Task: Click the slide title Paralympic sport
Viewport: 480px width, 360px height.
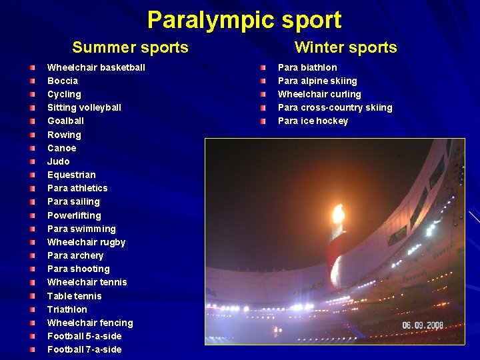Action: (x=244, y=20)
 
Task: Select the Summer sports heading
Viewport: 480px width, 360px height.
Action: (x=130, y=47)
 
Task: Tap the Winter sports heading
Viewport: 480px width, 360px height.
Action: (x=345, y=47)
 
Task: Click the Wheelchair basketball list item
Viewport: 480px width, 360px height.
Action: (x=96, y=67)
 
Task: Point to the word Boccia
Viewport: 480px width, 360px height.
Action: (x=63, y=81)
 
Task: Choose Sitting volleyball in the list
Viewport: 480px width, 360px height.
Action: (x=84, y=107)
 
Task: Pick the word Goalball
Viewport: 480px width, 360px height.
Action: (x=65, y=121)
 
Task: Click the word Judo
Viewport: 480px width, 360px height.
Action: (x=58, y=161)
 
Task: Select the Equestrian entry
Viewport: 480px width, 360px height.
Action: (x=71, y=175)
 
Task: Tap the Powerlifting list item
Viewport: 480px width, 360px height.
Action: (x=74, y=215)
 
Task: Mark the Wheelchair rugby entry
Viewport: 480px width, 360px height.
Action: (x=86, y=242)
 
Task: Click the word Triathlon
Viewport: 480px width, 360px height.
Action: (x=67, y=309)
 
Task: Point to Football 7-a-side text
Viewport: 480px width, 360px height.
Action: (x=84, y=349)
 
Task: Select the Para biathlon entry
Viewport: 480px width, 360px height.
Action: (x=307, y=67)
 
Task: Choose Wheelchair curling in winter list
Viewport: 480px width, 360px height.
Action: (x=319, y=94)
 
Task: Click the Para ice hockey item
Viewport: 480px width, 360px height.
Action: (x=313, y=121)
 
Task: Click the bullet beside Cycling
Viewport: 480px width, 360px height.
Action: (x=32, y=94)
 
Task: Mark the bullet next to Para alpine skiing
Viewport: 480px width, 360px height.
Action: (x=263, y=81)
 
